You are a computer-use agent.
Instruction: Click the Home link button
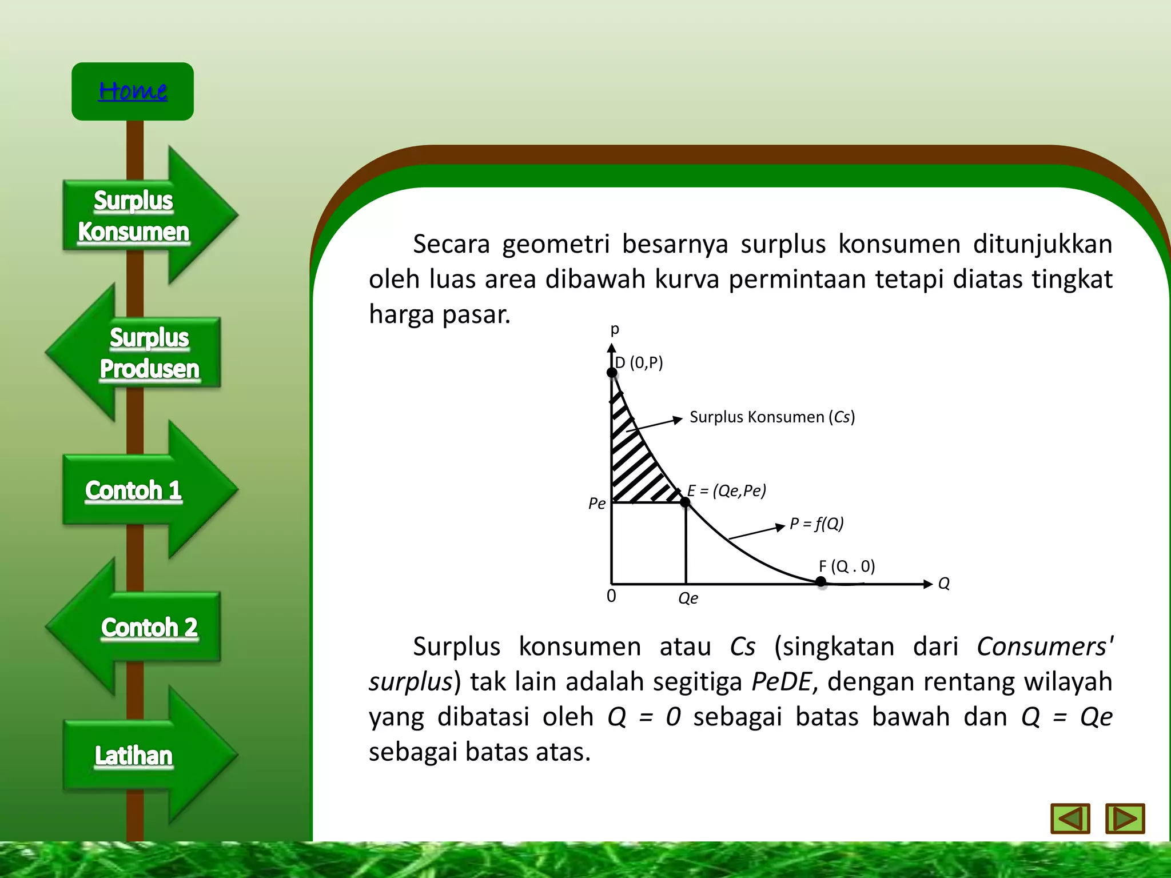pyautogui.click(x=133, y=91)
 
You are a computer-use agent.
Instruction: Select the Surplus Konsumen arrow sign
pyautogui.click(x=134, y=216)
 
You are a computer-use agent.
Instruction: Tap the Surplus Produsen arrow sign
pyautogui.click(x=149, y=353)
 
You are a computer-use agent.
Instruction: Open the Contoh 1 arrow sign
pyautogui.click(x=134, y=490)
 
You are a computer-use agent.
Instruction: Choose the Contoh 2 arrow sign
pyautogui.click(x=149, y=627)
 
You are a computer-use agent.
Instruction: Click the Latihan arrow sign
pyautogui.click(x=134, y=756)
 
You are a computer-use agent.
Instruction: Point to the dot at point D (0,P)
pyautogui.click(x=612, y=373)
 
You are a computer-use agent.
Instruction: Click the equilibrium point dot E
pyautogui.click(x=685, y=502)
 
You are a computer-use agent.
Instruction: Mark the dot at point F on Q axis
pyautogui.click(x=821, y=582)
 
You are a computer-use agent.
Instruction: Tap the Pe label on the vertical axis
pyautogui.click(x=596, y=504)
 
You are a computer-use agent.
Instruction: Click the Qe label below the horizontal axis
pyautogui.click(x=688, y=598)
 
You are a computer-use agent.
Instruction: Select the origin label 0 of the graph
pyautogui.click(x=611, y=596)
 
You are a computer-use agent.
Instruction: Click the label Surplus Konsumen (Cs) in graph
pyautogui.click(x=772, y=417)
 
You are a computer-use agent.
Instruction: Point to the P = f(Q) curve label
pyautogui.click(x=816, y=524)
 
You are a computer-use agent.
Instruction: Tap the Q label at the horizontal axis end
pyautogui.click(x=944, y=584)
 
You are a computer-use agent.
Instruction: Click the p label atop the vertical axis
pyautogui.click(x=615, y=330)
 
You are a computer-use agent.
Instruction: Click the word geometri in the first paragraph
pyautogui.click(x=556, y=245)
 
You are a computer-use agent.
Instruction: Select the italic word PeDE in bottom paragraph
pyautogui.click(x=781, y=682)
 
